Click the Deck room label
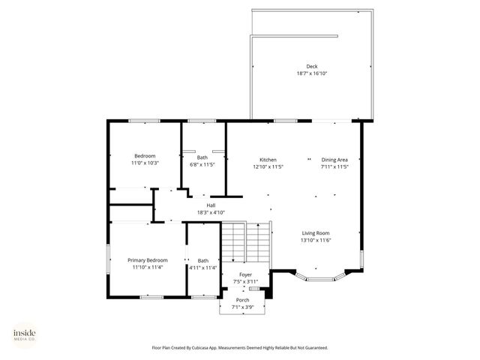coord(311,66)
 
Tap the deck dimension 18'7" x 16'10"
coord(311,73)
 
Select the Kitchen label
coord(268,160)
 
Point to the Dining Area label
coord(334,160)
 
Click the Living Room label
coord(316,232)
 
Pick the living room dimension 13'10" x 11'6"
coord(316,240)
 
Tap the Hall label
coord(211,205)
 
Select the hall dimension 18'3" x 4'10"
coord(211,212)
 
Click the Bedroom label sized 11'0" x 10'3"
coord(145,155)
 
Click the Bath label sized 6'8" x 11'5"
coord(202,157)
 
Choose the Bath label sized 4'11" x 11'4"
coord(202,259)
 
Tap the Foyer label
coord(245,274)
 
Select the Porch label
coord(243,300)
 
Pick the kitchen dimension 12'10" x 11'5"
coord(268,167)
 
